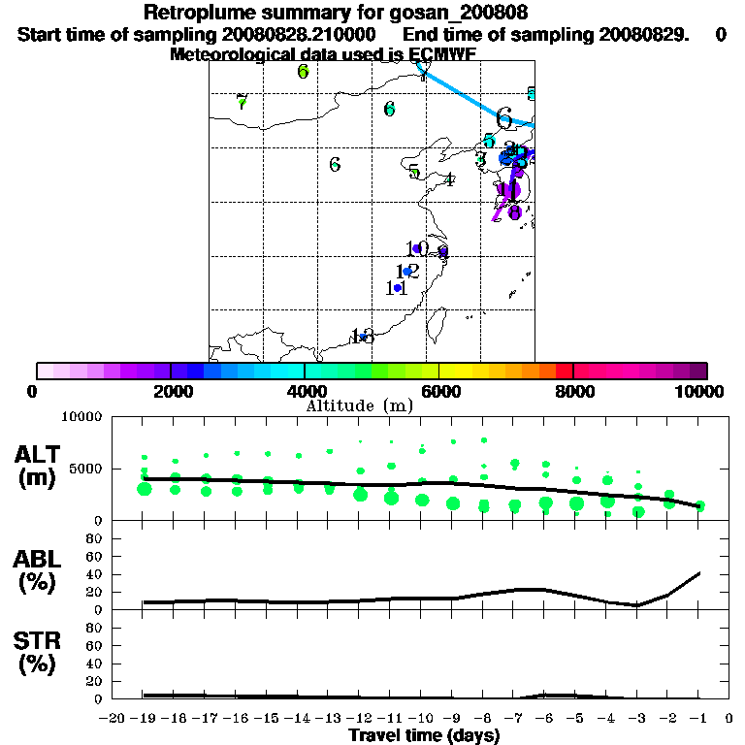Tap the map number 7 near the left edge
pos(242,102)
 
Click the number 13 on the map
pos(363,336)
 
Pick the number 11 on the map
pos(396,288)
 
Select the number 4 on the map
pos(449,179)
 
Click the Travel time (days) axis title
pos(424,735)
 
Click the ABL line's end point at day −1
pos(700,572)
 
